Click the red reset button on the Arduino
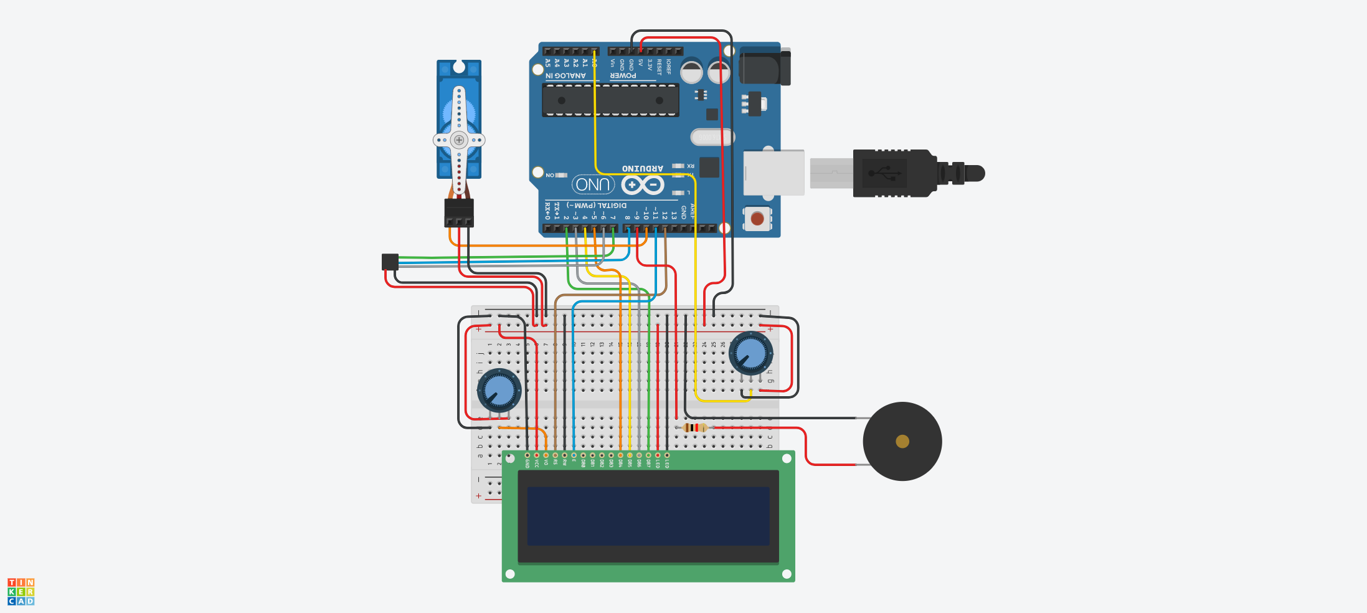point(757,219)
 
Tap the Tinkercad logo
point(21,591)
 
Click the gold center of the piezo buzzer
point(902,442)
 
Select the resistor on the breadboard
point(694,427)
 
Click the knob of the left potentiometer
point(499,391)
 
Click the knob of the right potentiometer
point(750,353)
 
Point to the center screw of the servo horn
point(459,140)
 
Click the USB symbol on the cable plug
point(884,173)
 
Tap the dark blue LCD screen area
point(648,516)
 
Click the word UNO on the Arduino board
point(593,184)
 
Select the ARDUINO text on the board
point(642,169)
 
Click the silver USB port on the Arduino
point(773,173)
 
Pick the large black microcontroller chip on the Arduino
point(610,100)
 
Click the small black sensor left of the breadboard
point(390,262)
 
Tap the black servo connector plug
point(459,212)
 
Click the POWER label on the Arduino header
point(623,76)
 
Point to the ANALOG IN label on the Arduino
point(565,76)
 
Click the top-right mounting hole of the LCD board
point(787,459)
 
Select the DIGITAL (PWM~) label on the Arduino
point(597,205)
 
